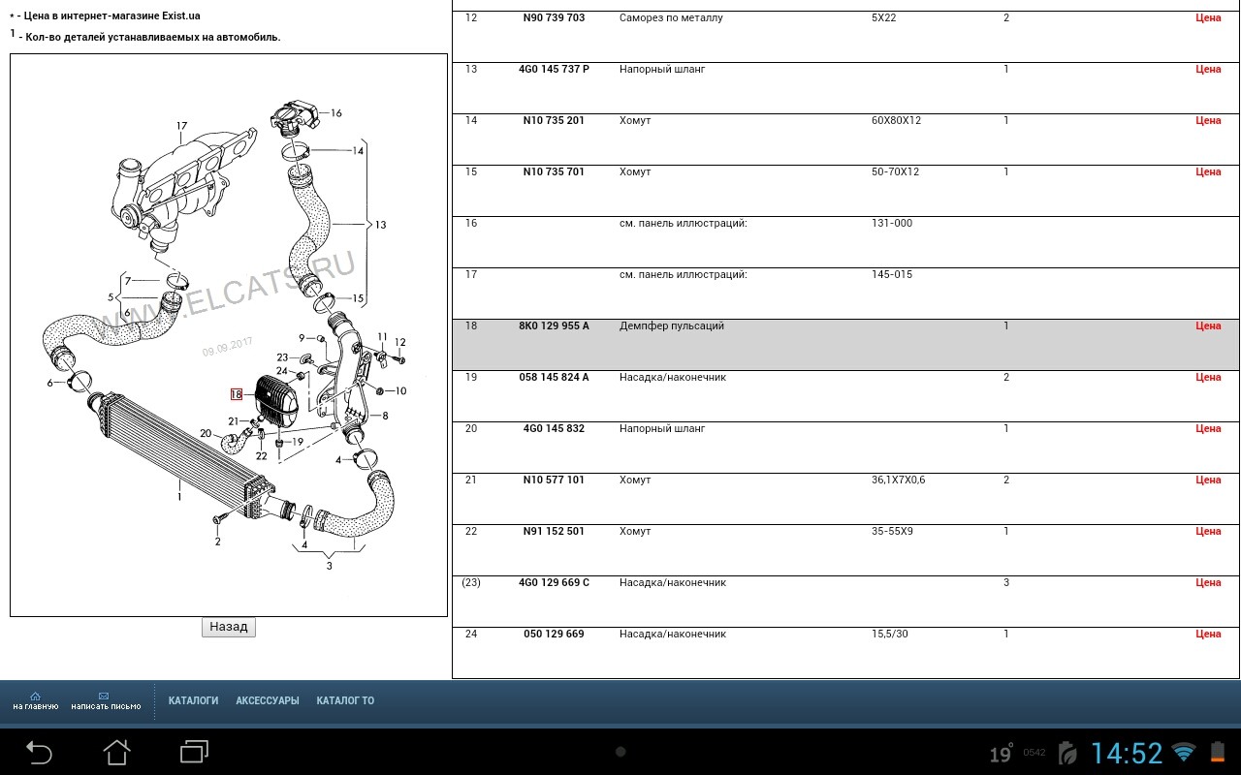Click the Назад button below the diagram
[x=228, y=627]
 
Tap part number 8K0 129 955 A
[x=554, y=325]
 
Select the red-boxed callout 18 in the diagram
[x=236, y=394]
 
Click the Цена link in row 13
[x=1208, y=69]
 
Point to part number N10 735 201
[x=554, y=120]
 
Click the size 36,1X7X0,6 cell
[x=898, y=480]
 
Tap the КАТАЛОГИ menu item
[x=193, y=700]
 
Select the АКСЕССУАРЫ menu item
[x=268, y=700]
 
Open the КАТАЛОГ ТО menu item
[x=345, y=700]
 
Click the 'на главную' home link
[x=36, y=700]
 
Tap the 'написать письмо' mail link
[x=106, y=700]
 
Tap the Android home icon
[x=117, y=753]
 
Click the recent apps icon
[x=195, y=752]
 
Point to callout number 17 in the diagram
[x=181, y=126]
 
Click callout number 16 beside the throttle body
[x=336, y=113]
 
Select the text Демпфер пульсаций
[x=672, y=325]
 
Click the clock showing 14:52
[x=1127, y=754]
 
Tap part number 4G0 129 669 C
[x=554, y=582]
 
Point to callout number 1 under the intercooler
[x=179, y=497]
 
